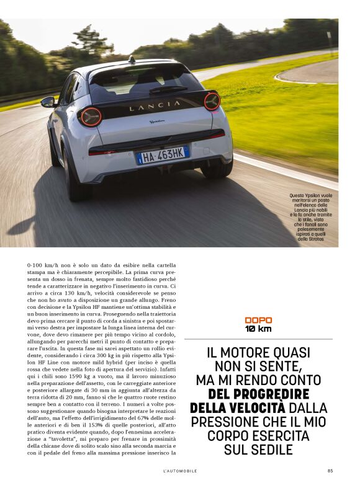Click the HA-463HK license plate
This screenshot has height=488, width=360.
[x=163, y=154]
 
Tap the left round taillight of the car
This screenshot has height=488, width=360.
[x=91, y=117]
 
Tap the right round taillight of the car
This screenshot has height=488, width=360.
[x=212, y=101]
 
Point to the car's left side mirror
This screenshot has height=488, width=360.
[x=48, y=102]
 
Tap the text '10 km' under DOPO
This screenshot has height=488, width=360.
[x=258, y=329]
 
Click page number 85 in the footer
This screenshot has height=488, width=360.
[x=330, y=471]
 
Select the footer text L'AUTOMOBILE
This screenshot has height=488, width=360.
[x=180, y=471]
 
